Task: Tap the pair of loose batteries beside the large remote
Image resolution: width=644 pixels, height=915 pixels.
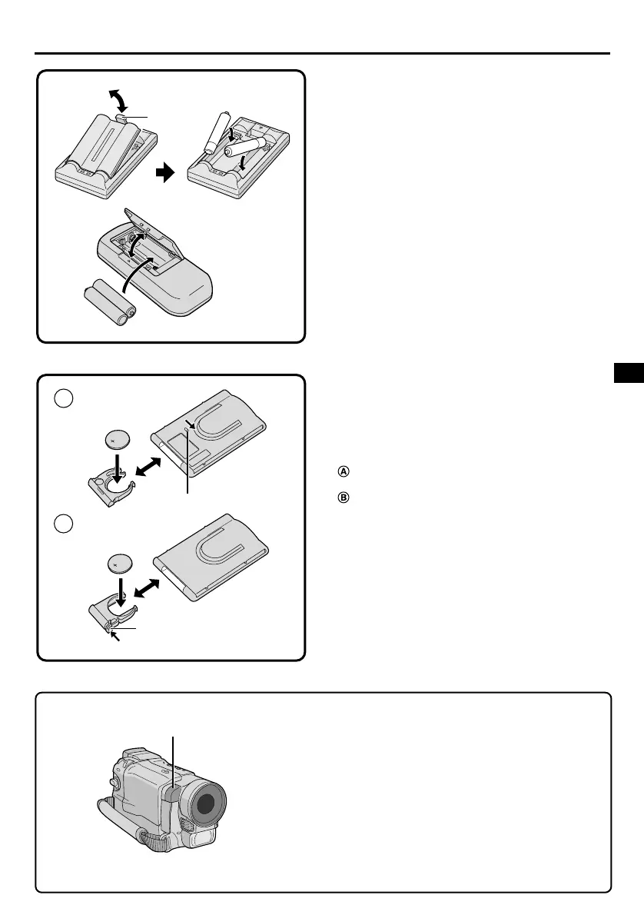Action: [110, 303]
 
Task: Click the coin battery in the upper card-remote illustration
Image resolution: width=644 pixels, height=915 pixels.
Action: [118, 441]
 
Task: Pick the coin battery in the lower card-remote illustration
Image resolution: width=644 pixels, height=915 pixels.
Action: [118, 564]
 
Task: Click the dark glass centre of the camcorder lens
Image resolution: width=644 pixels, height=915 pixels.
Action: [203, 801]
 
